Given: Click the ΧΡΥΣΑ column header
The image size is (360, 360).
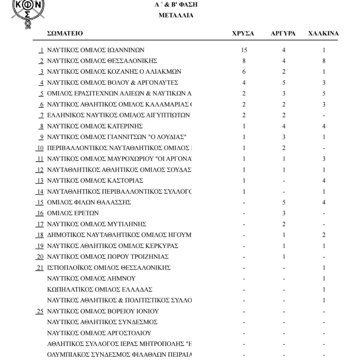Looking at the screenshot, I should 243,33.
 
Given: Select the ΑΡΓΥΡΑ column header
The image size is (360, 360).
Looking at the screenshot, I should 283,33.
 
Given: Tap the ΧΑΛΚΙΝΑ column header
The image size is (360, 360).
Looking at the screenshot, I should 323,33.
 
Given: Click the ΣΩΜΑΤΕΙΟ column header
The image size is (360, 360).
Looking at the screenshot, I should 65,33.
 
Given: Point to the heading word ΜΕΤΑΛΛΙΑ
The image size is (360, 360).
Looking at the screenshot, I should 176,15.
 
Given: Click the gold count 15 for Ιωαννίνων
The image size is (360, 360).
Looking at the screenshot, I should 244,50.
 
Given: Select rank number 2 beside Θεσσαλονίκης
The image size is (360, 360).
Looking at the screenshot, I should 41,61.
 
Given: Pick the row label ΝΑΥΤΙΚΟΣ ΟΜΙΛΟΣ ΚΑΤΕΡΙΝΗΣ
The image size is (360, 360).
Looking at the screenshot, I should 95,126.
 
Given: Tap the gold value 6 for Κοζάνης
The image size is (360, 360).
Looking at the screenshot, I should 244,72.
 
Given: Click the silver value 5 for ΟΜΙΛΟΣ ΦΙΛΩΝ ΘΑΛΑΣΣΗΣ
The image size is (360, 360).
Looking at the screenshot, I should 284,202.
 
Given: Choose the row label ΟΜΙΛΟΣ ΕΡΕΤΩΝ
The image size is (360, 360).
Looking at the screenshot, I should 73,213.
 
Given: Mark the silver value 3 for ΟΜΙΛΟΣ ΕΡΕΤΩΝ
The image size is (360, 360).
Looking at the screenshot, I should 284,213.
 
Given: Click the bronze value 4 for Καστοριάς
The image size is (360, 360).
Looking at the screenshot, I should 324,181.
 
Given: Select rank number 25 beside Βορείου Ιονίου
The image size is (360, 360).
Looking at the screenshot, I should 40,311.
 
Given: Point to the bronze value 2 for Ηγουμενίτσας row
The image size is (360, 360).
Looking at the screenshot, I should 324,235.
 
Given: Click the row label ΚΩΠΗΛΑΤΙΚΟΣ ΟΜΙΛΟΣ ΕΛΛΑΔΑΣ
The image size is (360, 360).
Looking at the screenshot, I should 100,290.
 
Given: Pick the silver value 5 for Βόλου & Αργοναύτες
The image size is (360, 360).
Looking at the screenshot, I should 284,83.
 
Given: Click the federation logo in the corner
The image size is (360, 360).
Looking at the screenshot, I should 28,13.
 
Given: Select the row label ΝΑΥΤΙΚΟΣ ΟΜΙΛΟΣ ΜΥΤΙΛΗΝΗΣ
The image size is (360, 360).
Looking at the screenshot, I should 97,224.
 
